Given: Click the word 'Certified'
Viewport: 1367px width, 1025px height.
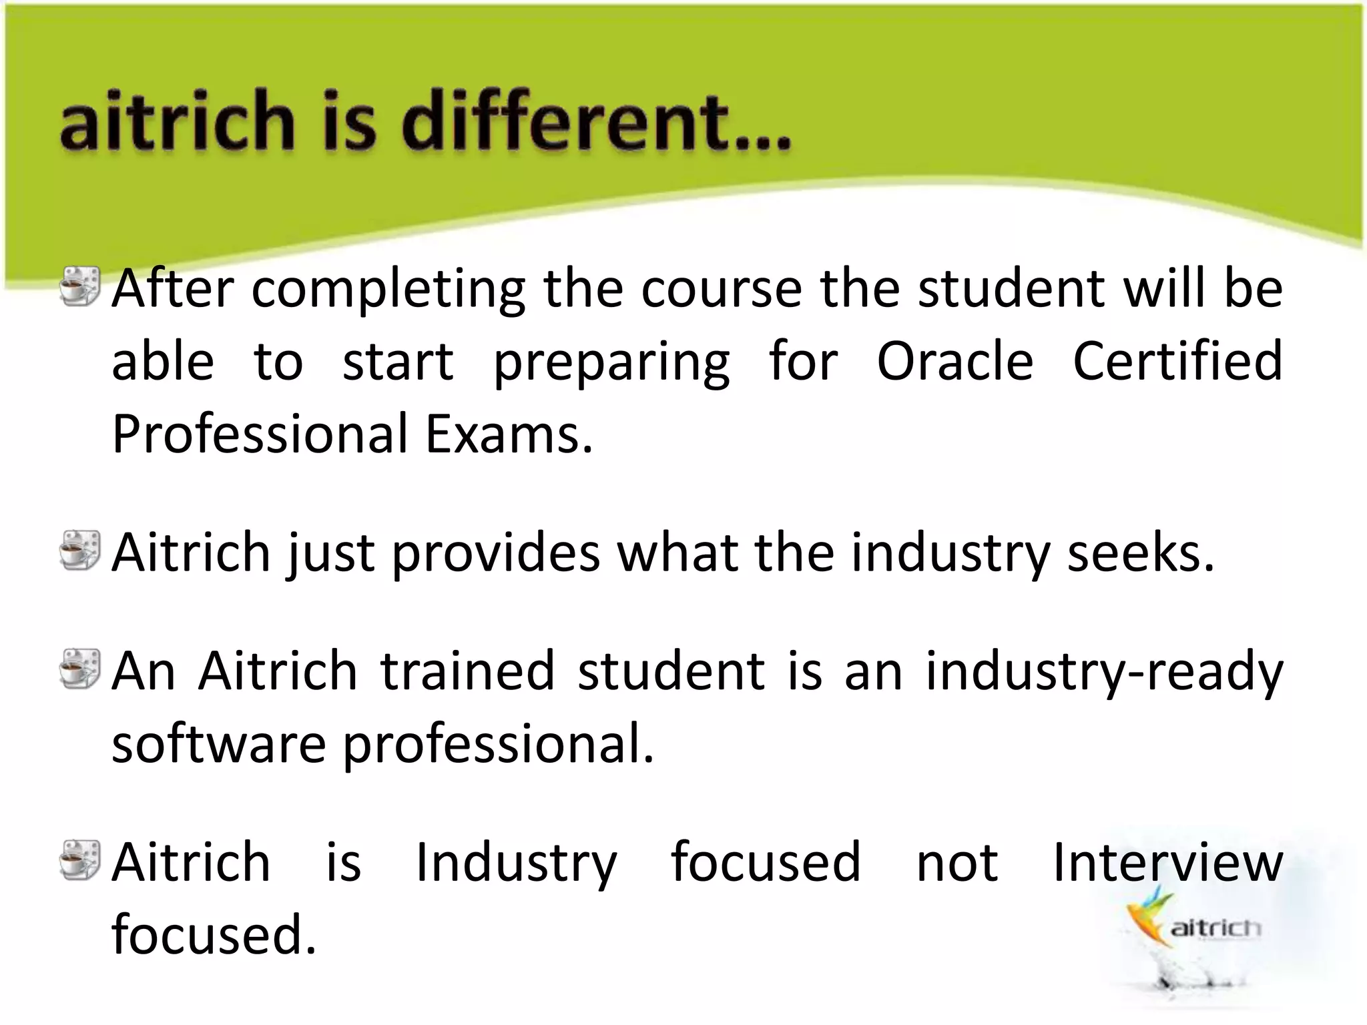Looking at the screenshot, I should point(1177,362).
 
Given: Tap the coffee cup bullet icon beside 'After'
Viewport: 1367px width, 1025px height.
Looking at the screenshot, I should point(79,286).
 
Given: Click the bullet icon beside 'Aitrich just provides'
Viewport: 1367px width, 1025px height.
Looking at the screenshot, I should point(79,550).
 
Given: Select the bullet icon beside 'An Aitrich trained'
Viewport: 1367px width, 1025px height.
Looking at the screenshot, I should point(79,669).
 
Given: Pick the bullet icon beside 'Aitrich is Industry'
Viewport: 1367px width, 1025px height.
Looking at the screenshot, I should point(79,860).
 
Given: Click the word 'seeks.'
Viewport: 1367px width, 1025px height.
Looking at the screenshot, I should point(1141,554).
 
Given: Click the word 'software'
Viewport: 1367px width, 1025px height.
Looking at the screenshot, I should point(218,745).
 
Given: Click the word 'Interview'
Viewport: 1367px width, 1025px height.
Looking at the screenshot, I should point(1168,863).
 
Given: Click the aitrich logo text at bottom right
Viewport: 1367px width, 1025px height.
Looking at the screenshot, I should point(1215,928).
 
